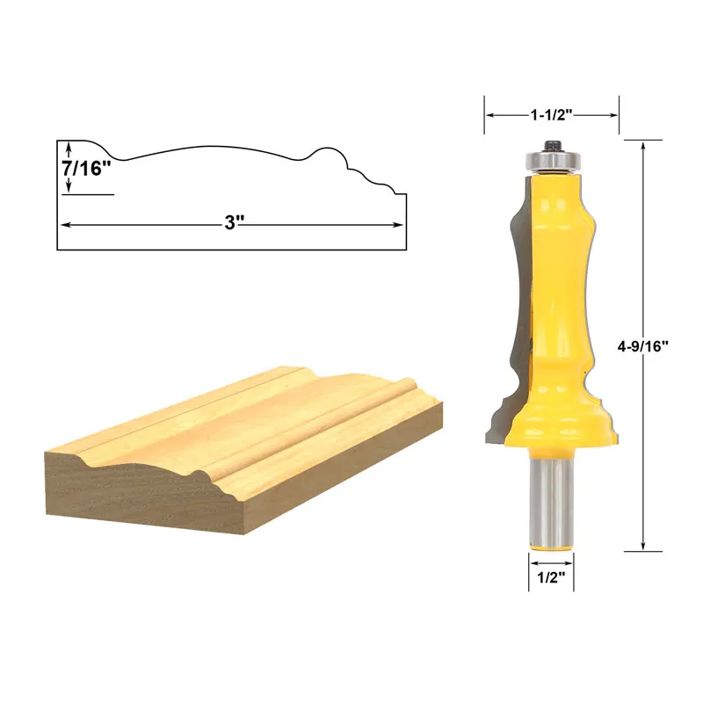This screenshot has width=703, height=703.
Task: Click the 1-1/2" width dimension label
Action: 552,114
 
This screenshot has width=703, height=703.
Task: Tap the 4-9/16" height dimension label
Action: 643,345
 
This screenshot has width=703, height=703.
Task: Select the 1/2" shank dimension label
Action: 550,578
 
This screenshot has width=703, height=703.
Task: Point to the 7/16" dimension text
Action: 88,168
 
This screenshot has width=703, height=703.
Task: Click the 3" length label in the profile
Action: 232,223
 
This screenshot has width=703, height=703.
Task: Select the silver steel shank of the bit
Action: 550,501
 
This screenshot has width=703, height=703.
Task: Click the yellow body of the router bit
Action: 555,281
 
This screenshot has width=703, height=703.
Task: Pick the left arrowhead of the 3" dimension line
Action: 64,224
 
